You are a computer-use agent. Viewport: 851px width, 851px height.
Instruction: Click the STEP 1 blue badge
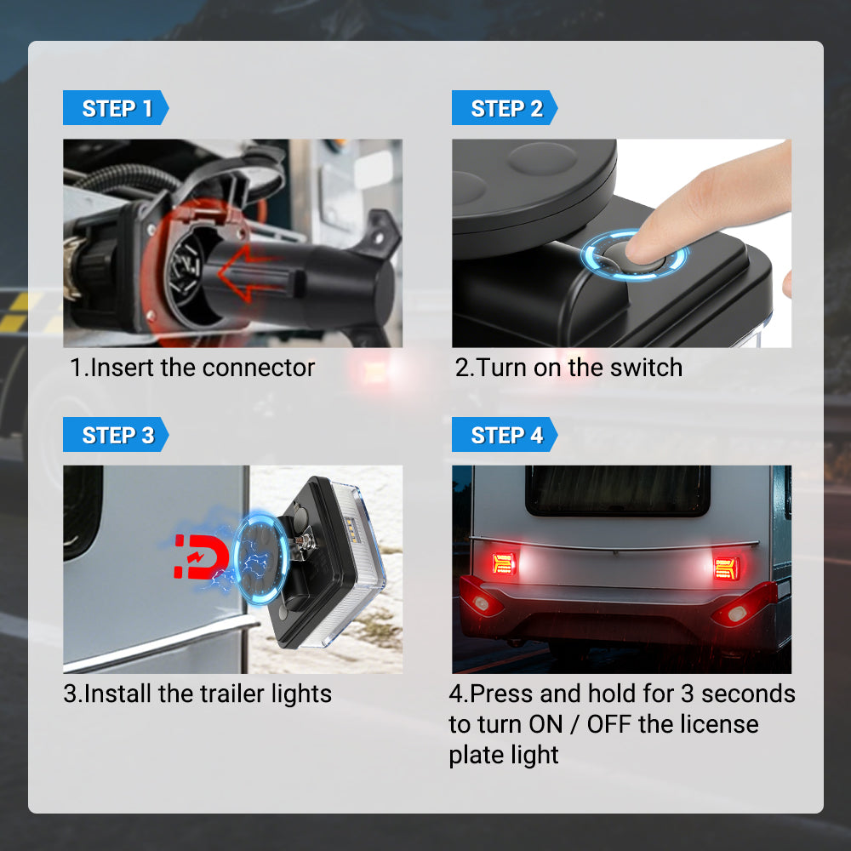coord(116,109)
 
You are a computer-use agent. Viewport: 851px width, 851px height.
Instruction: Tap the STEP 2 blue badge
coord(505,109)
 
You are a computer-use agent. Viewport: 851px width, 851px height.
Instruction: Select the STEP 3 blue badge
coord(116,436)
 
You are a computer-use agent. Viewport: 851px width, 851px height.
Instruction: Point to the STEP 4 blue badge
coord(505,436)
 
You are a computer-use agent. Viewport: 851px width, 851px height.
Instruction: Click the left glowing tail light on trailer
coord(504,563)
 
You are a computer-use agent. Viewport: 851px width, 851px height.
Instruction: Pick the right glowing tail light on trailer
coord(726,566)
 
